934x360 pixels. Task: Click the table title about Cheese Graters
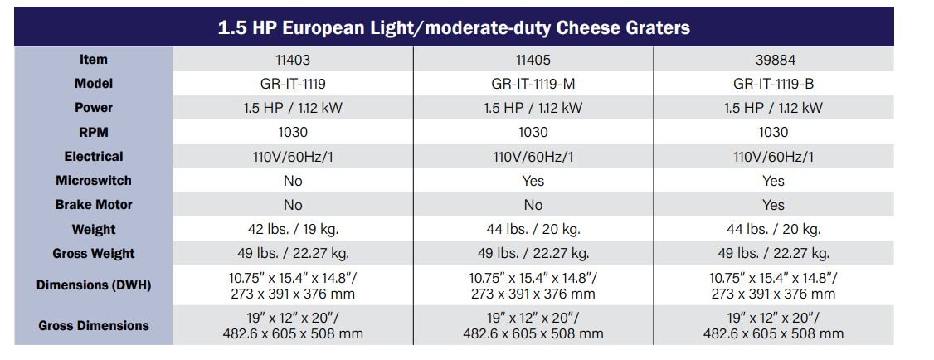[454, 28]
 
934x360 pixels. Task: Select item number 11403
[293, 60]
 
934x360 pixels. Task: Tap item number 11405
[533, 60]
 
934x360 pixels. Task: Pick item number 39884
[773, 60]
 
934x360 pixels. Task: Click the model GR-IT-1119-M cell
[533, 84]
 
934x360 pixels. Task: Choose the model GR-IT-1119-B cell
[773, 84]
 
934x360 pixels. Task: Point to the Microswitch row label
[94, 181]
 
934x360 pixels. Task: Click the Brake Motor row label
[94, 205]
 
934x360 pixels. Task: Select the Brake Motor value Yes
[773, 205]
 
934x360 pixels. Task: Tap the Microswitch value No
[293, 181]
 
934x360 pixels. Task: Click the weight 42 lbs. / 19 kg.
[293, 229]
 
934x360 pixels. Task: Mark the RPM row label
[94, 132]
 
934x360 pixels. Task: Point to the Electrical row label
[94, 157]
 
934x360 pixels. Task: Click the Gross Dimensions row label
[94, 326]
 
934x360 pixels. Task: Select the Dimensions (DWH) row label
[94, 285]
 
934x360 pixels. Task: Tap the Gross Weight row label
[94, 254]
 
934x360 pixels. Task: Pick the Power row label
[94, 108]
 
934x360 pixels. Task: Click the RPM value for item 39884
[773, 132]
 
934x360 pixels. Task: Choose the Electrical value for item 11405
[533, 157]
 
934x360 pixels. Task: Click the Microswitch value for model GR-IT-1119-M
[533, 181]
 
